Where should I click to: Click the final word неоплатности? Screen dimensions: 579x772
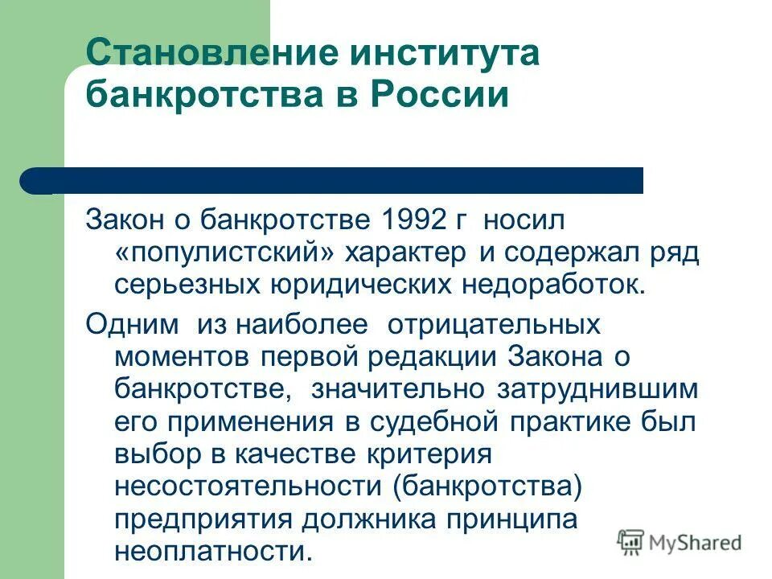[x=211, y=552]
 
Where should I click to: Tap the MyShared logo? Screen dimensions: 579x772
[x=680, y=542]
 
